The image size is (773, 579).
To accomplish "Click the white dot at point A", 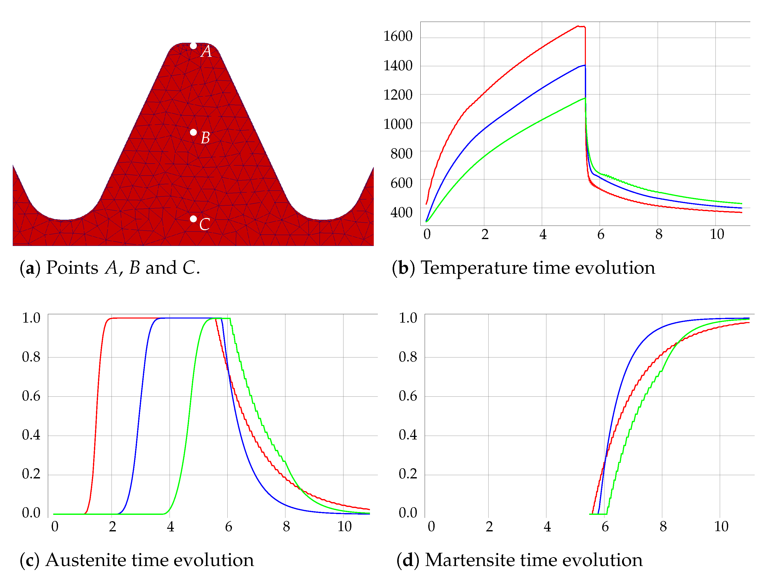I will coord(193,46).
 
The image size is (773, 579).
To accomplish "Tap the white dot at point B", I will coord(193,132).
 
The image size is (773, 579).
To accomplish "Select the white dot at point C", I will coord(193,219).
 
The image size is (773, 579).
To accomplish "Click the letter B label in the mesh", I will coord(205,138).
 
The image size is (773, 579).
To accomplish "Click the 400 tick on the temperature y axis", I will coord(401,212).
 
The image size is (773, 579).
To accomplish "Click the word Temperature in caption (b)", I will coord(474,268).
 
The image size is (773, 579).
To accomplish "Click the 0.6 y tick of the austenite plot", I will coord(31,396).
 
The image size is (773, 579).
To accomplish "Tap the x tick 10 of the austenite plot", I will coord(344,527).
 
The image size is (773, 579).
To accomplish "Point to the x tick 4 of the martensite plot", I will coord(547,527).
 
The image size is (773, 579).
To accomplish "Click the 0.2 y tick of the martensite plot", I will coord(408,474).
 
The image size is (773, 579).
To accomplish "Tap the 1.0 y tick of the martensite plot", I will coord(408,318).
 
